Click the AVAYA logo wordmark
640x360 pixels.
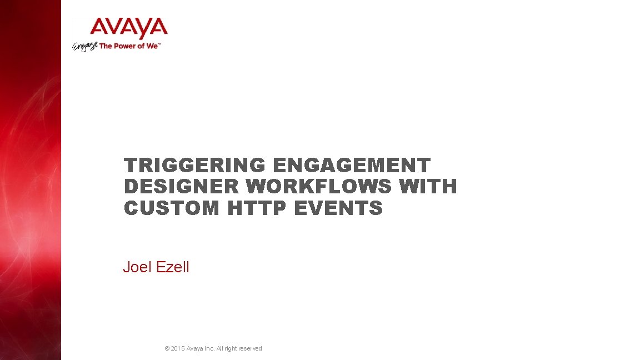coord(128,28)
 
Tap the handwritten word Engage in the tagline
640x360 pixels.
coord(85,46)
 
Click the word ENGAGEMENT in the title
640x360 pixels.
coord(352,166)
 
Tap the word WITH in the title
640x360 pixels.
coord(428,187)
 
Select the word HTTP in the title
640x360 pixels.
coord(257,208)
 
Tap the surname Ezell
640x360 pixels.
coord(172,267)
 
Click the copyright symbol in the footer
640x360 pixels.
coord(167,349)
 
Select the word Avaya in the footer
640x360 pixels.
coord(194,349)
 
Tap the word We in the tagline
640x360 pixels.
coord(152,46)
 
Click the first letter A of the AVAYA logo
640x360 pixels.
coord(100,28)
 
